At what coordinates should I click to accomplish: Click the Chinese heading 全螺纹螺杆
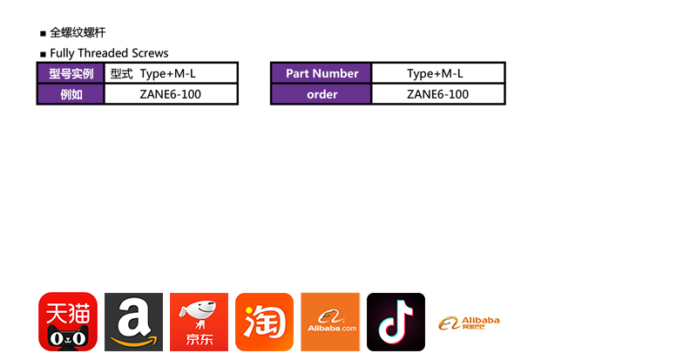click(78, 33)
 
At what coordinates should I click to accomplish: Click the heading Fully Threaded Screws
click(109, 53)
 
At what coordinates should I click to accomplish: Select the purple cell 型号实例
click(71, 73)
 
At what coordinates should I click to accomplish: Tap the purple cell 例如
click(71, 94)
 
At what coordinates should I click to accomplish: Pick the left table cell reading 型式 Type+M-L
click(171, 73)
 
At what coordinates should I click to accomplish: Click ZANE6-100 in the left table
click(171, 94)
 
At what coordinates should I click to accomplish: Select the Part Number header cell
click(321, 73)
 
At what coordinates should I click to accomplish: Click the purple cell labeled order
click(321, 94)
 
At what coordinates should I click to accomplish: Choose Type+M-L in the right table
click(437, 73)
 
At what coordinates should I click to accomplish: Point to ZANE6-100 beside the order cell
click(437, 94)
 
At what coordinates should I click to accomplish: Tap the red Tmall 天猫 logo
click(68, 322)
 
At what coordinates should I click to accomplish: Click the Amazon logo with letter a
click(133, 322)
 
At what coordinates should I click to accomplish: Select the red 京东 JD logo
click(199, 322)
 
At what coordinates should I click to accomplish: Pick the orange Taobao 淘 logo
click(264, 322)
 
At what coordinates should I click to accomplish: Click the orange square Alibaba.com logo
click(330, 322)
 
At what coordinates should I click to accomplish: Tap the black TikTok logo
click(396, 322)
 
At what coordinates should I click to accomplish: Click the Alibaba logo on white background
click(470, 323)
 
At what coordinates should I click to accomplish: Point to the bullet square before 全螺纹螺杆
click(43, 34)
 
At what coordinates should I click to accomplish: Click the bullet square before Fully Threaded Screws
click(43, 54)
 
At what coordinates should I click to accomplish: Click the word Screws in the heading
click(149, 53)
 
